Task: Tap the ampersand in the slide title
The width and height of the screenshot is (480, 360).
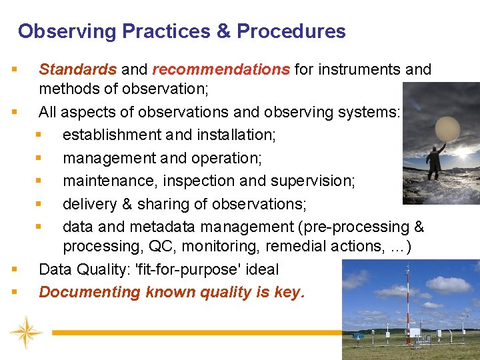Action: click(x=223, y=31)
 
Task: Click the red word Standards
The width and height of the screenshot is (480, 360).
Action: click(x=77, y=69)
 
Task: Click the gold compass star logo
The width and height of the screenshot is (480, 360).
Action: click(x=26, y=331)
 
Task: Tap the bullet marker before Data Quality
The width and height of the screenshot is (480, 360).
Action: click(x=14, y=270)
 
